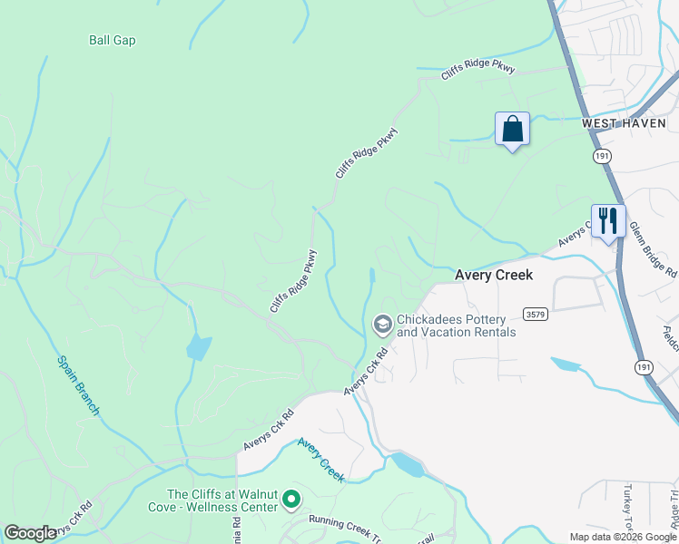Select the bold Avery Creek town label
pyautogui.click(x=493, y=275)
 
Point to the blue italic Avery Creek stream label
pyautogui.click(x=321, y=460)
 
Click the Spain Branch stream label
pyautogui.click(x=78, y=385)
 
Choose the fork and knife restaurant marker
pyautogui.click(x=607, y=220)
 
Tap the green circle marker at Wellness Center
pyautogui.click(x=291, y=499)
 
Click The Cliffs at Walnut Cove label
pyautogui.click(x=213, y=494)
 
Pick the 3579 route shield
pyautogui.click(x=536, y=314)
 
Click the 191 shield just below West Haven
pyautogui.click(x=602, y=156)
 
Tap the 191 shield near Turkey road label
pyautogui.click(x=644, y=366)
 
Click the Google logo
pyautogui.click(x=30, y=533)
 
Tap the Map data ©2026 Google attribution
pyautogui.click(x=622, y=537)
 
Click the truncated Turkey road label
pyautogui.click(x=627, y=508)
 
